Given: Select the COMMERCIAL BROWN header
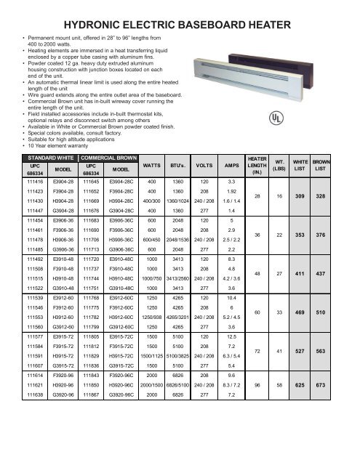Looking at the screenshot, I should point(108,157).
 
